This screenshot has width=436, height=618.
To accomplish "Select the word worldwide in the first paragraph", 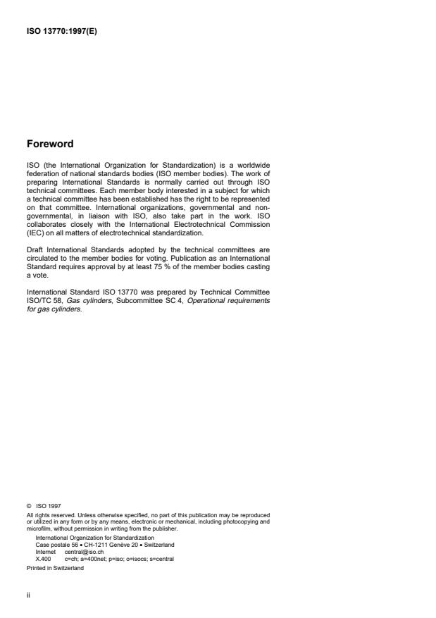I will [249, 166].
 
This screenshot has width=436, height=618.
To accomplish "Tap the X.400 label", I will [42, 559].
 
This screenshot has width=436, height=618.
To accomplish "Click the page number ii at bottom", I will [27, 595].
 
